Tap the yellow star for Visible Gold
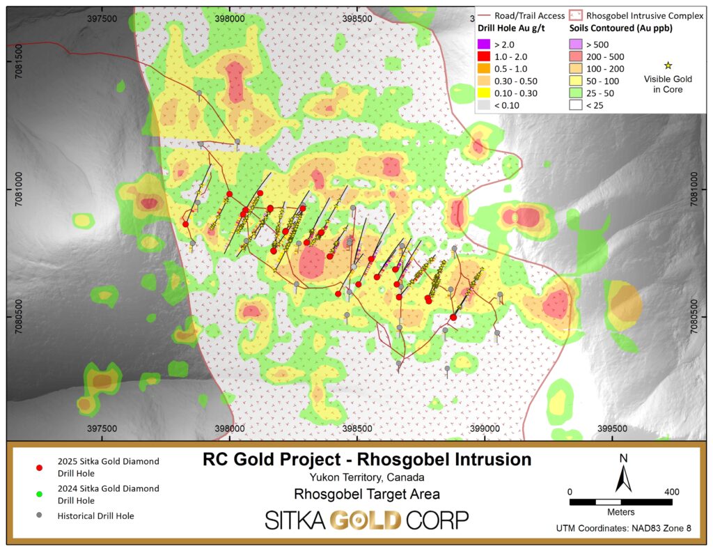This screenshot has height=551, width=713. coord(668,65)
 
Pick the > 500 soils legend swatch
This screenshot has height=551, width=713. coord(576,43)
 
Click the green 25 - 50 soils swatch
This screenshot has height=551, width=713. coord(576,93)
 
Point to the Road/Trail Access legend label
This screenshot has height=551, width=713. coord(531,15)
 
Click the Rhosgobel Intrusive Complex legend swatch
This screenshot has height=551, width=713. coord(576,15)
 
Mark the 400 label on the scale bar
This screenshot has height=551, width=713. coord(672,492)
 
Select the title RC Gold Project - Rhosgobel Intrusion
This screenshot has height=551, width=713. coord(366,460)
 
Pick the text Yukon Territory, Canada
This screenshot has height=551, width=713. coord(366,478)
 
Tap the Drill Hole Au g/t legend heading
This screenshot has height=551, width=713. coord(511,29)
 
